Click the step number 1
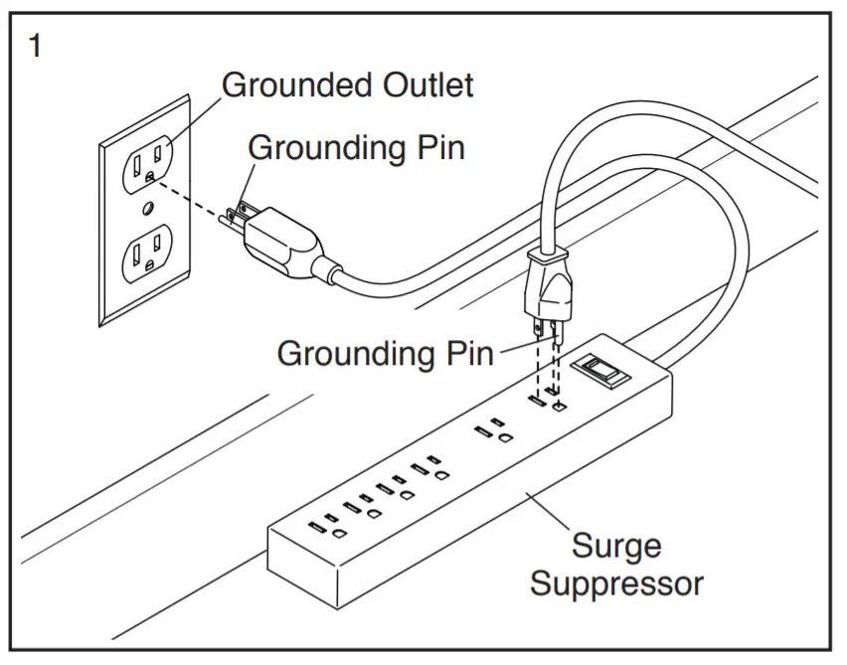point(35,46)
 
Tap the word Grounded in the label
point(297,85)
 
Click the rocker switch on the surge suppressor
point(600,371)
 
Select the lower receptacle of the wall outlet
point(147,253)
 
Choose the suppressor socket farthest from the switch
point(327,526)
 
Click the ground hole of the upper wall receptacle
point(150,176)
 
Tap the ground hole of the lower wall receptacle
point(150,265)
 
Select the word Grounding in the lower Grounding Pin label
point(357,355)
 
